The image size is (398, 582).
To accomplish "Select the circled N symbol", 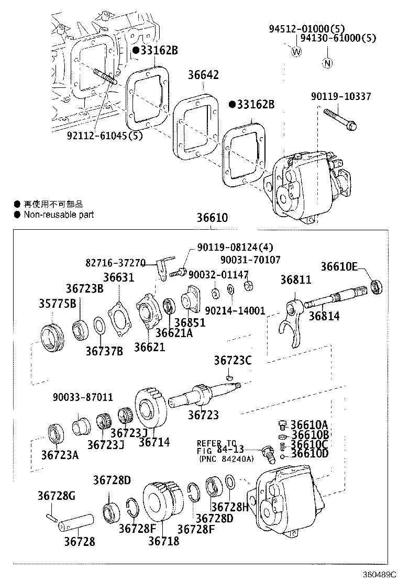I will click(327, 64).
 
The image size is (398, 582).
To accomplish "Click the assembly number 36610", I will click(212, 217).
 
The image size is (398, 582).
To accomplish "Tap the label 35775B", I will click(58, 303).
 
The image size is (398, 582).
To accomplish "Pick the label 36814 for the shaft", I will click(324, 316).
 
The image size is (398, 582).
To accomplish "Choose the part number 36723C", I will click(233, 360).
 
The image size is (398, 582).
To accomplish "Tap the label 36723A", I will click(60, 455).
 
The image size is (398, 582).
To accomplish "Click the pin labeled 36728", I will click(75, 522).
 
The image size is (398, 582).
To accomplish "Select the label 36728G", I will click(56, 495).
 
